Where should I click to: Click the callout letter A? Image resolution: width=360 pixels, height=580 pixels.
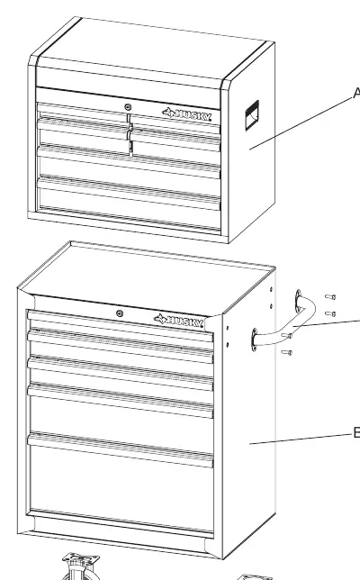(356, 93)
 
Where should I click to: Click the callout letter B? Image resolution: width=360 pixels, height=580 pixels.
(356, 432)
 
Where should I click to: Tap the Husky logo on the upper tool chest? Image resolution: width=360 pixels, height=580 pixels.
(187, 114)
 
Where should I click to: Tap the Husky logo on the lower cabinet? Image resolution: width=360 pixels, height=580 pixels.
(179, 321)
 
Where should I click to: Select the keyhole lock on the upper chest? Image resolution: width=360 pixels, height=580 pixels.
(128, 107)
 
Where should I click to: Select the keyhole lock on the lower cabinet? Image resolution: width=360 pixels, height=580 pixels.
(120, 313)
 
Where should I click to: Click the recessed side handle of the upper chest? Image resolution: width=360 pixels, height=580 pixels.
(252, 115)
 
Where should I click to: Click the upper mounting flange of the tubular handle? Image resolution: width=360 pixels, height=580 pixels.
(298, 300)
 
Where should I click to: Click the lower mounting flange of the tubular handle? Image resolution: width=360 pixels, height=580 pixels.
(255, 340)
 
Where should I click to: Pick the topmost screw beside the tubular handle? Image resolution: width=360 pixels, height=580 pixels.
(330, 296)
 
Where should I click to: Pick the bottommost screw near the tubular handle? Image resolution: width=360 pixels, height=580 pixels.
(287, 352)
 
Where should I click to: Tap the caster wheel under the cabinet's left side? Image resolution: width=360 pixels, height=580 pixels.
(78, 567)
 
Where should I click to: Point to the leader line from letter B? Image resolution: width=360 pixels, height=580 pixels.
(301, 439)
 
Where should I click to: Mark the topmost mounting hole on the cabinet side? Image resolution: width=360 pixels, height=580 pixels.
(272, 289)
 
